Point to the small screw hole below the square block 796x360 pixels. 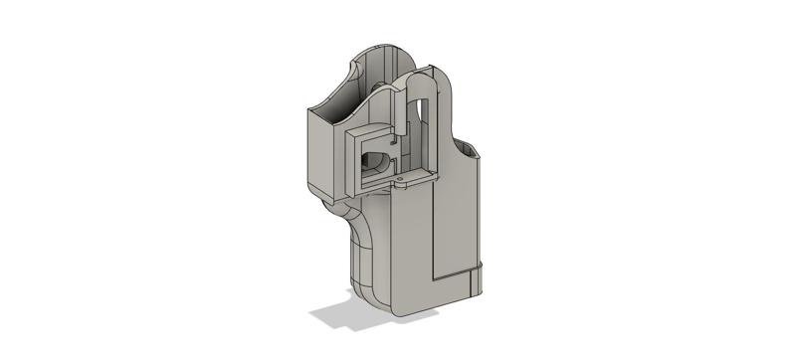(402, 182)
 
